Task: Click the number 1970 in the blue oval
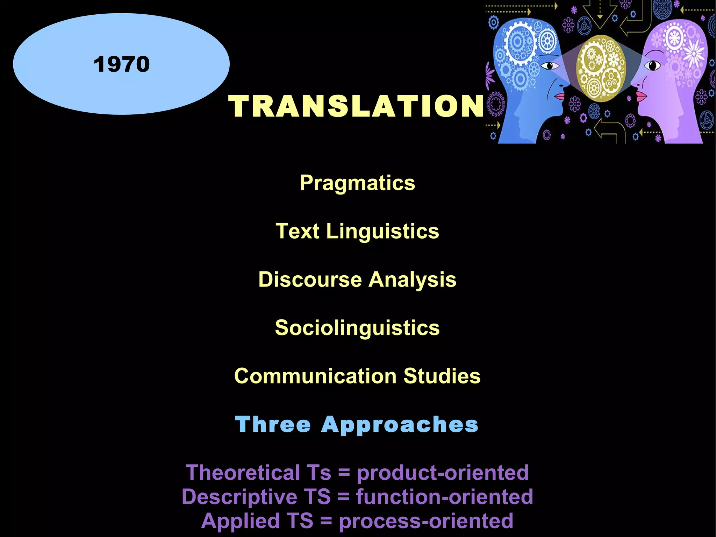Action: [122, 64]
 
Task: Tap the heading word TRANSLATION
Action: [356, 106]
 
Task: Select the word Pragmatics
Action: [357, 183]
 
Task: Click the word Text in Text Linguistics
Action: [297, 231]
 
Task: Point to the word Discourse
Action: [310, 280]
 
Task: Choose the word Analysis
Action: [413, 280]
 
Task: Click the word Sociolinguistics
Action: [357, 328]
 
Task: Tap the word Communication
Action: [315, 376]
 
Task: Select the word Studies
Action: [442, 376]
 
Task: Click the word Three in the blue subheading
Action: [273, 424]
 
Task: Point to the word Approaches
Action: [400, 424]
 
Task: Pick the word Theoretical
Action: [242, 473]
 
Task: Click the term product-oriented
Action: [443, 473]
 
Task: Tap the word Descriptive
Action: [239, 497]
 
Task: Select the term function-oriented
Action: [444, 497]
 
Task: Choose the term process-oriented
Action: [426, 521]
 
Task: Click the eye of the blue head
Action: [549, 65]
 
